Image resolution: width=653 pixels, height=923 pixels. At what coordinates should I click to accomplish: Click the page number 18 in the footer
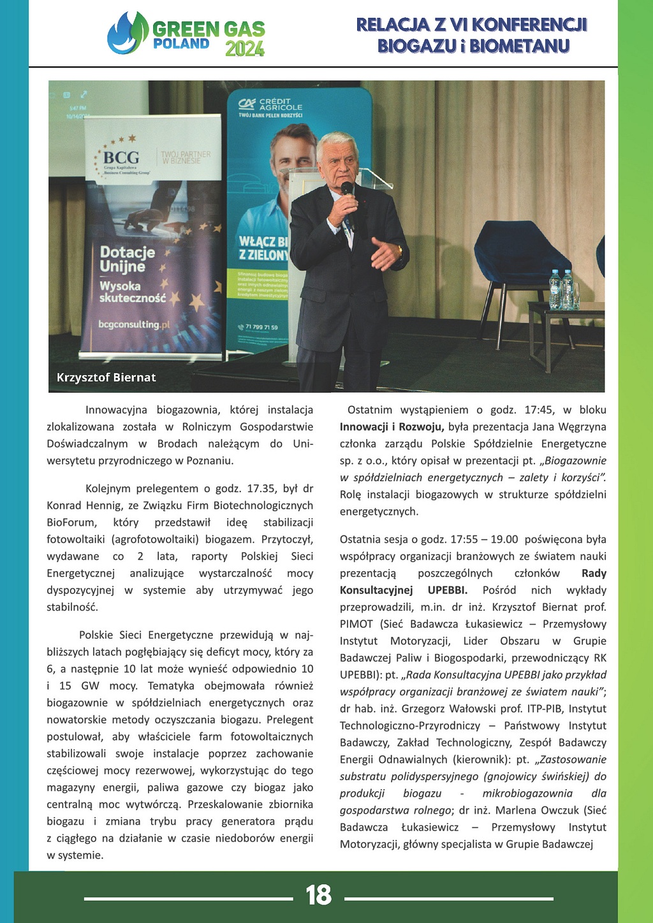[319, 895]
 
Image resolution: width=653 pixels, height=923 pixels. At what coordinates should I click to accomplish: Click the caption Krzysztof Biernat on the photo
[106, 377]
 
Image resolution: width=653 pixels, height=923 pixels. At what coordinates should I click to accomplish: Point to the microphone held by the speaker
[348, 190]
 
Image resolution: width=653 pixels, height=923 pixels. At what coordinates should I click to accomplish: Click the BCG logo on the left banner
[121, 157]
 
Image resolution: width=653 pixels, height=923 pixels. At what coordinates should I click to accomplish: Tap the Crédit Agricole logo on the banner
[270, 105]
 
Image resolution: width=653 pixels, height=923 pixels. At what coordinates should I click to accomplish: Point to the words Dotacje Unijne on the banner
[128, 259]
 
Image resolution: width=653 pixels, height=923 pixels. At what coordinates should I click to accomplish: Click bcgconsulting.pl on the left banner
[134, 324]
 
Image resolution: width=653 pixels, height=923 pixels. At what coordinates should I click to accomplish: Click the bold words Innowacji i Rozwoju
[392, 427]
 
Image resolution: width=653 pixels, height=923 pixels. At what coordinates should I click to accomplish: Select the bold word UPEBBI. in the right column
[447, 590]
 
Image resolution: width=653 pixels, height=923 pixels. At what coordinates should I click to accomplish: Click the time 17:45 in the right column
[539, 410]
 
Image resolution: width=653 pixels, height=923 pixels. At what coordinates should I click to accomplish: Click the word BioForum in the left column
[72, 523]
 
